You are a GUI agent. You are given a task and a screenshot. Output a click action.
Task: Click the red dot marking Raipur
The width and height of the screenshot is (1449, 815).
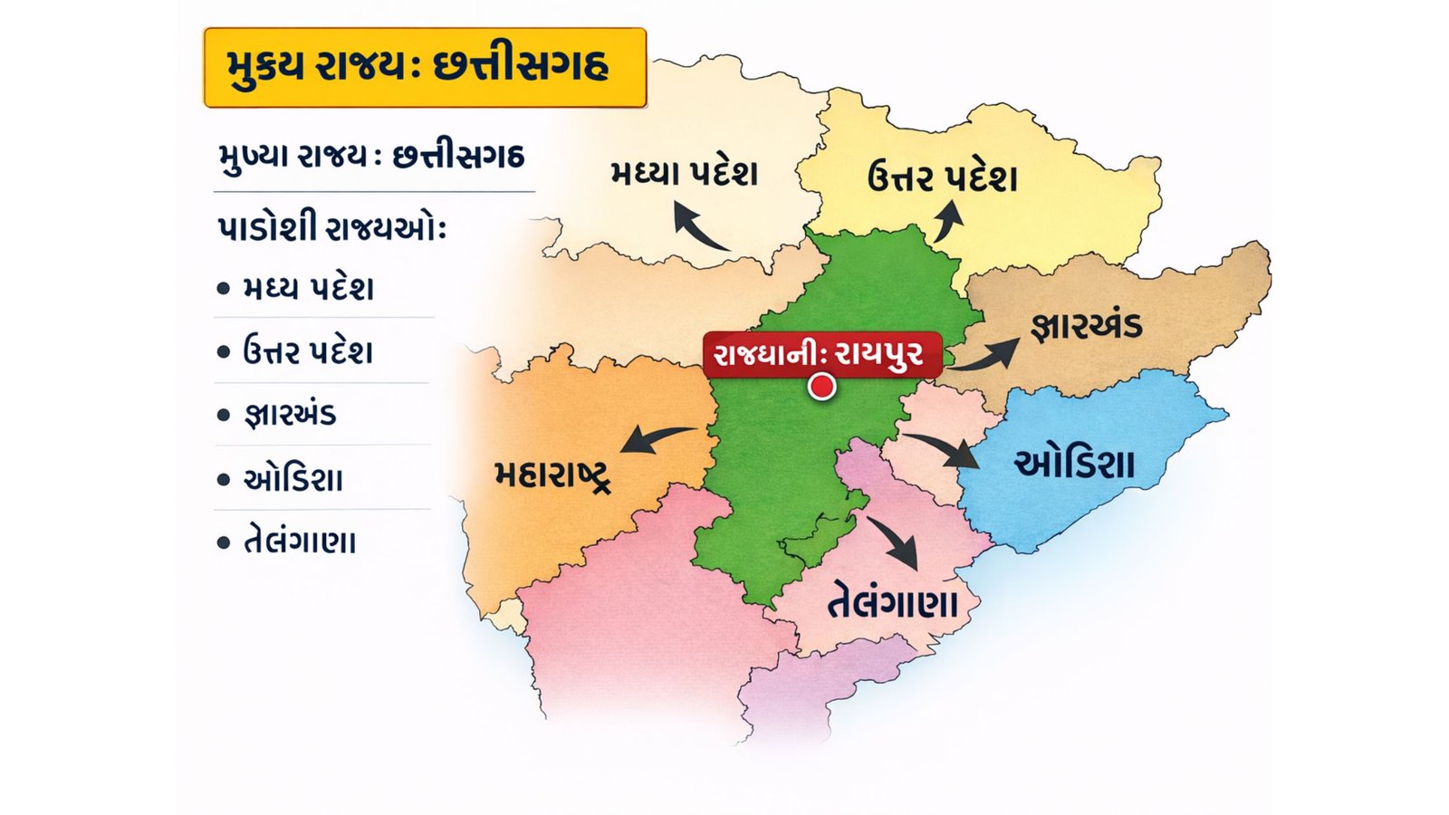(x=821, y=387)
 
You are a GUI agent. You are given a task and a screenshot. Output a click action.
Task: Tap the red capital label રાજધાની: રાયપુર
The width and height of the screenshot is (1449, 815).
(x=821, y=353)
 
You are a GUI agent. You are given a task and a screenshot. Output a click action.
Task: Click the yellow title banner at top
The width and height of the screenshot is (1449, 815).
(x=425, y=68)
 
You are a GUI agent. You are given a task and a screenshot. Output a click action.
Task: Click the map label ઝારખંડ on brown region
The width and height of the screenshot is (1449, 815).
(x=1087, y=325)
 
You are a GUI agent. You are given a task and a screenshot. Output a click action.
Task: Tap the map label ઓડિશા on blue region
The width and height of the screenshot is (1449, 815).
(x=1074, y=464)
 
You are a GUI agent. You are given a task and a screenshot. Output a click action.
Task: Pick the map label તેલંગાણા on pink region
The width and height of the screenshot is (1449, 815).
(x=893, y=601)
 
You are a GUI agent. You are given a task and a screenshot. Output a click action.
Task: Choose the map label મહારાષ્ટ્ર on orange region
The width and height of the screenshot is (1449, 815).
(x=552, y=475)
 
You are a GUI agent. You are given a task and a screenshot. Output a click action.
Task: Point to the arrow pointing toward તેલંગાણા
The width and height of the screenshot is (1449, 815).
(x=895, y=542)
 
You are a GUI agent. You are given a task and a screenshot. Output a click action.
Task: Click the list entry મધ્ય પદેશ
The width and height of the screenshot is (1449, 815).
(x=308, y=289)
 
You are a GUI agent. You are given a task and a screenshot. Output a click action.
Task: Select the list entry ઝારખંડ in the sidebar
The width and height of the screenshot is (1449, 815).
(x=290, y=415)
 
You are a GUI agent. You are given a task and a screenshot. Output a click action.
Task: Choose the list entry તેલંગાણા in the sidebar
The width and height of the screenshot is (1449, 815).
(x=300, y=542)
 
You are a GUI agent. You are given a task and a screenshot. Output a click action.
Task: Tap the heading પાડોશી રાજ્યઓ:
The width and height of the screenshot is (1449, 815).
(x=331, y=227)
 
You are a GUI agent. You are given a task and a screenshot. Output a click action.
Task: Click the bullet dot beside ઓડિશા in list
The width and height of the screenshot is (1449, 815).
(x=224, y=479)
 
